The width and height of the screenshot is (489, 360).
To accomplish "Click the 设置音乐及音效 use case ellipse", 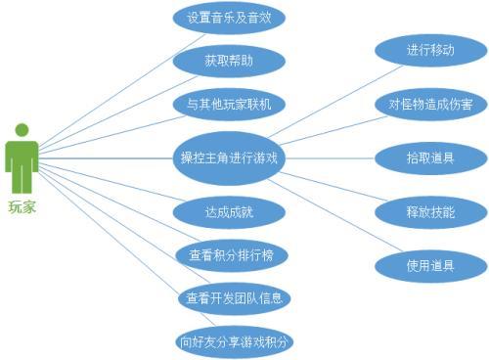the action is (229, 18).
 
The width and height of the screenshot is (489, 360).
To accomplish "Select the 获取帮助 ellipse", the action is (229, 61).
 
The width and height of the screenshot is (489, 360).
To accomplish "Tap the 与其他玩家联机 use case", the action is (229, 104).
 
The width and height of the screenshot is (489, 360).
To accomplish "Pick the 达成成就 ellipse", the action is (229, 211).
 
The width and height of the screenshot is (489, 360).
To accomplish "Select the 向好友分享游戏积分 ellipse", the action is (235, 341).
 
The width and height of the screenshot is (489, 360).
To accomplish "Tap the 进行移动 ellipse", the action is (430, 50).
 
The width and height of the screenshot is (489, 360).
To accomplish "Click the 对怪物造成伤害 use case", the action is (430, 103).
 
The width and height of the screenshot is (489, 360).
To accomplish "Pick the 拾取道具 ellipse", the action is (430, 157).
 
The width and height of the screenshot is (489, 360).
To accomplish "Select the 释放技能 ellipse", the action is (430, 211).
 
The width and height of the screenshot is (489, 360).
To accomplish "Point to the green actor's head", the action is (22, 130).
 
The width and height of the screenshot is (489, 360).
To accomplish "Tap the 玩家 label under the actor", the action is (22, 207).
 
